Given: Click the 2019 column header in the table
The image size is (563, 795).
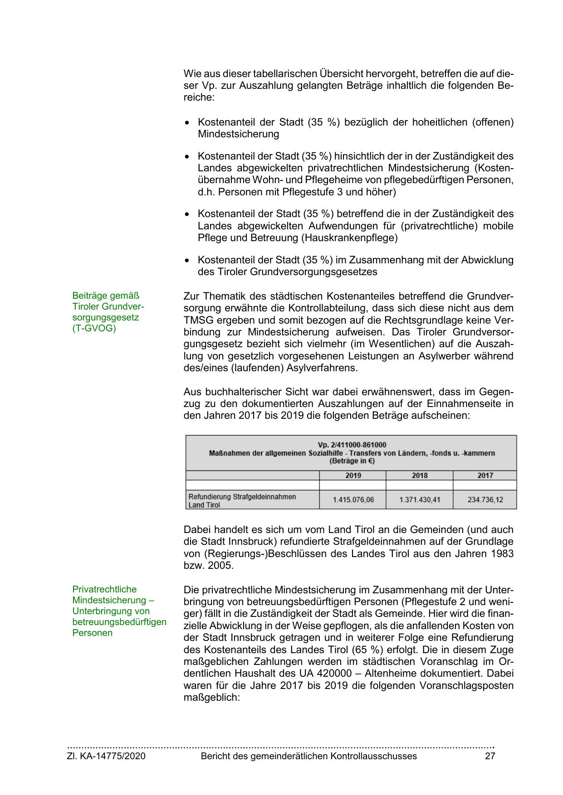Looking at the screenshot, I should (353, 475).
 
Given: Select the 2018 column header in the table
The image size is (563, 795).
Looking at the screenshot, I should (420, 475).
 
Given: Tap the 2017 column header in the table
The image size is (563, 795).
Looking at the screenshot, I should (485, 475).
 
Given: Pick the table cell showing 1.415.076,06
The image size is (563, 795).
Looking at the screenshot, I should (353, 500).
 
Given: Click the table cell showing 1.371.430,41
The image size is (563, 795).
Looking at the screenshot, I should (420, 500).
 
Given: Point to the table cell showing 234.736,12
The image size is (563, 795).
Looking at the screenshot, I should (485, 500).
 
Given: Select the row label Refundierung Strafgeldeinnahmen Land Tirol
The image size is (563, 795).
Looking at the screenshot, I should (242, 500).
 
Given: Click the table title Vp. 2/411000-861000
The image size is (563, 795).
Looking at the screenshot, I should (352, 445).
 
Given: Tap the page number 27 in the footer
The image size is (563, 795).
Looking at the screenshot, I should (490, 756).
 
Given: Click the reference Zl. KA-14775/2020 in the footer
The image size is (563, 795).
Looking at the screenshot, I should (106, 756).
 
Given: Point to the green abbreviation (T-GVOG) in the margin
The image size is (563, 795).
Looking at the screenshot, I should (94, 328).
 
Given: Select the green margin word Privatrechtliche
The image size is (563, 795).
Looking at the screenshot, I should (104, 589).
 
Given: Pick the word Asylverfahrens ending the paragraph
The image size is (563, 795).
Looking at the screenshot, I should (322, 368).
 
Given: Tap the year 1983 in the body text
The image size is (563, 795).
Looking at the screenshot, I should (502, 553).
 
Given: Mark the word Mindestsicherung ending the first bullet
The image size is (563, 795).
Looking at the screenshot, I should (238, 134).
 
